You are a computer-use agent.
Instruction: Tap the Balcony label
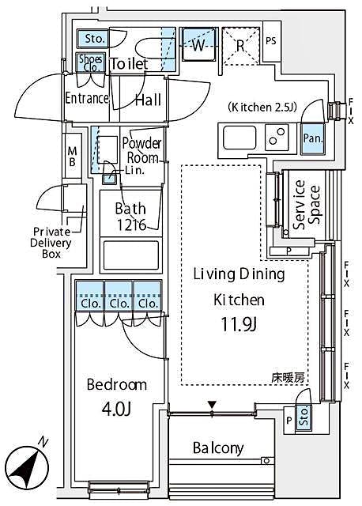tap(218, 448)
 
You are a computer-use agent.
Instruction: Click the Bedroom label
tap(116, 385)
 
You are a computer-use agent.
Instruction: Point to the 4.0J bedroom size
tap(116, 410)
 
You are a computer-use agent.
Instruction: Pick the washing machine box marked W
tap(198, 45)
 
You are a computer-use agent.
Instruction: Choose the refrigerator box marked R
tap(240, 45)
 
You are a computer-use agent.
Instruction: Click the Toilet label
tap(129, 63)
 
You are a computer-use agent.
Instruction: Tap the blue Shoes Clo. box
tap(88, 62)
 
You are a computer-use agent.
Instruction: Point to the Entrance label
tap(86, 98)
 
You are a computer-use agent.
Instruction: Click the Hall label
tap(148, 100)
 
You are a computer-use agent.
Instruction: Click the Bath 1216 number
tap(130, 225)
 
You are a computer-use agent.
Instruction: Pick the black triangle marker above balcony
tap(212, 406)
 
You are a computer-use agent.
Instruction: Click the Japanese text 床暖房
tap(289, 378)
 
